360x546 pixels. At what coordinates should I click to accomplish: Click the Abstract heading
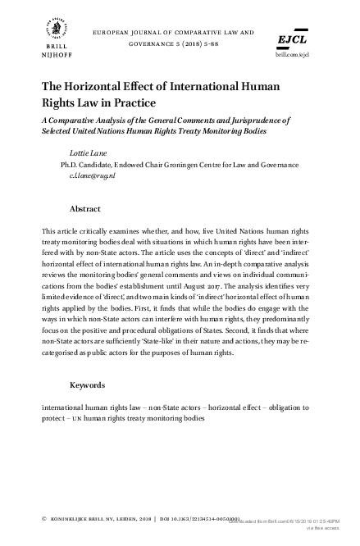coord(85,209)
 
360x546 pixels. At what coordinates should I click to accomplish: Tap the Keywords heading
coord(89,384)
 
